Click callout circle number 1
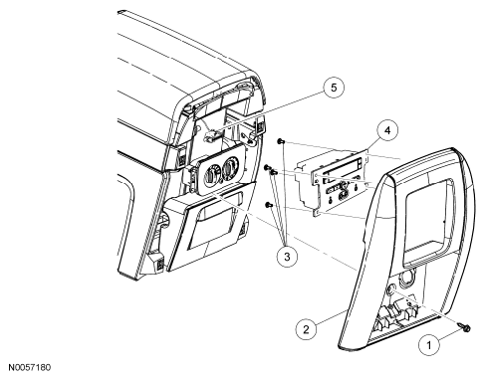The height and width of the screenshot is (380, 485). pyautogui.click(x=429, y=345)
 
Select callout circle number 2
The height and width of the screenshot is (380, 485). pyautogui.click(x=306, y=329)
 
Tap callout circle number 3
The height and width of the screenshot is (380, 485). pyautogui.click(x=287, y=256)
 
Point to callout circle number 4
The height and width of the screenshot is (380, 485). pyautogui.click(x=387, y=130)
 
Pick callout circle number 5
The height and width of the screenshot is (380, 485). pyautogui.click(x=334, y=88)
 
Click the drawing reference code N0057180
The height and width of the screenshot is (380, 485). pyautogui.click(x=30, y=367)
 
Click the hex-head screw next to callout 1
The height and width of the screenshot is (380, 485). pyautogui.click(x=464, y=327)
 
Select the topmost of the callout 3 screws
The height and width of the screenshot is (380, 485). pyautogui.click(x=281, y=141)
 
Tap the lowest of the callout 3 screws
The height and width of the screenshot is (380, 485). pyautogui.click(x=269, y=205)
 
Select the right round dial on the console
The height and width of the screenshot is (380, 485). pyautogui.click(x=230, y=166)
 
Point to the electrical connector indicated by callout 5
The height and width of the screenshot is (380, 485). pyautogui.click(x=211, y=135)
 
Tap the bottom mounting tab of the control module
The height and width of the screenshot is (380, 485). pyautogui.click(x=318, y=211)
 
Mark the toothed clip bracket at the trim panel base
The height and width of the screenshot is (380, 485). pyautogui.click(x=394, y=316)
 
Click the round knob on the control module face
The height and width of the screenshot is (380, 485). pyautogui.click(x=343, y=195)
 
